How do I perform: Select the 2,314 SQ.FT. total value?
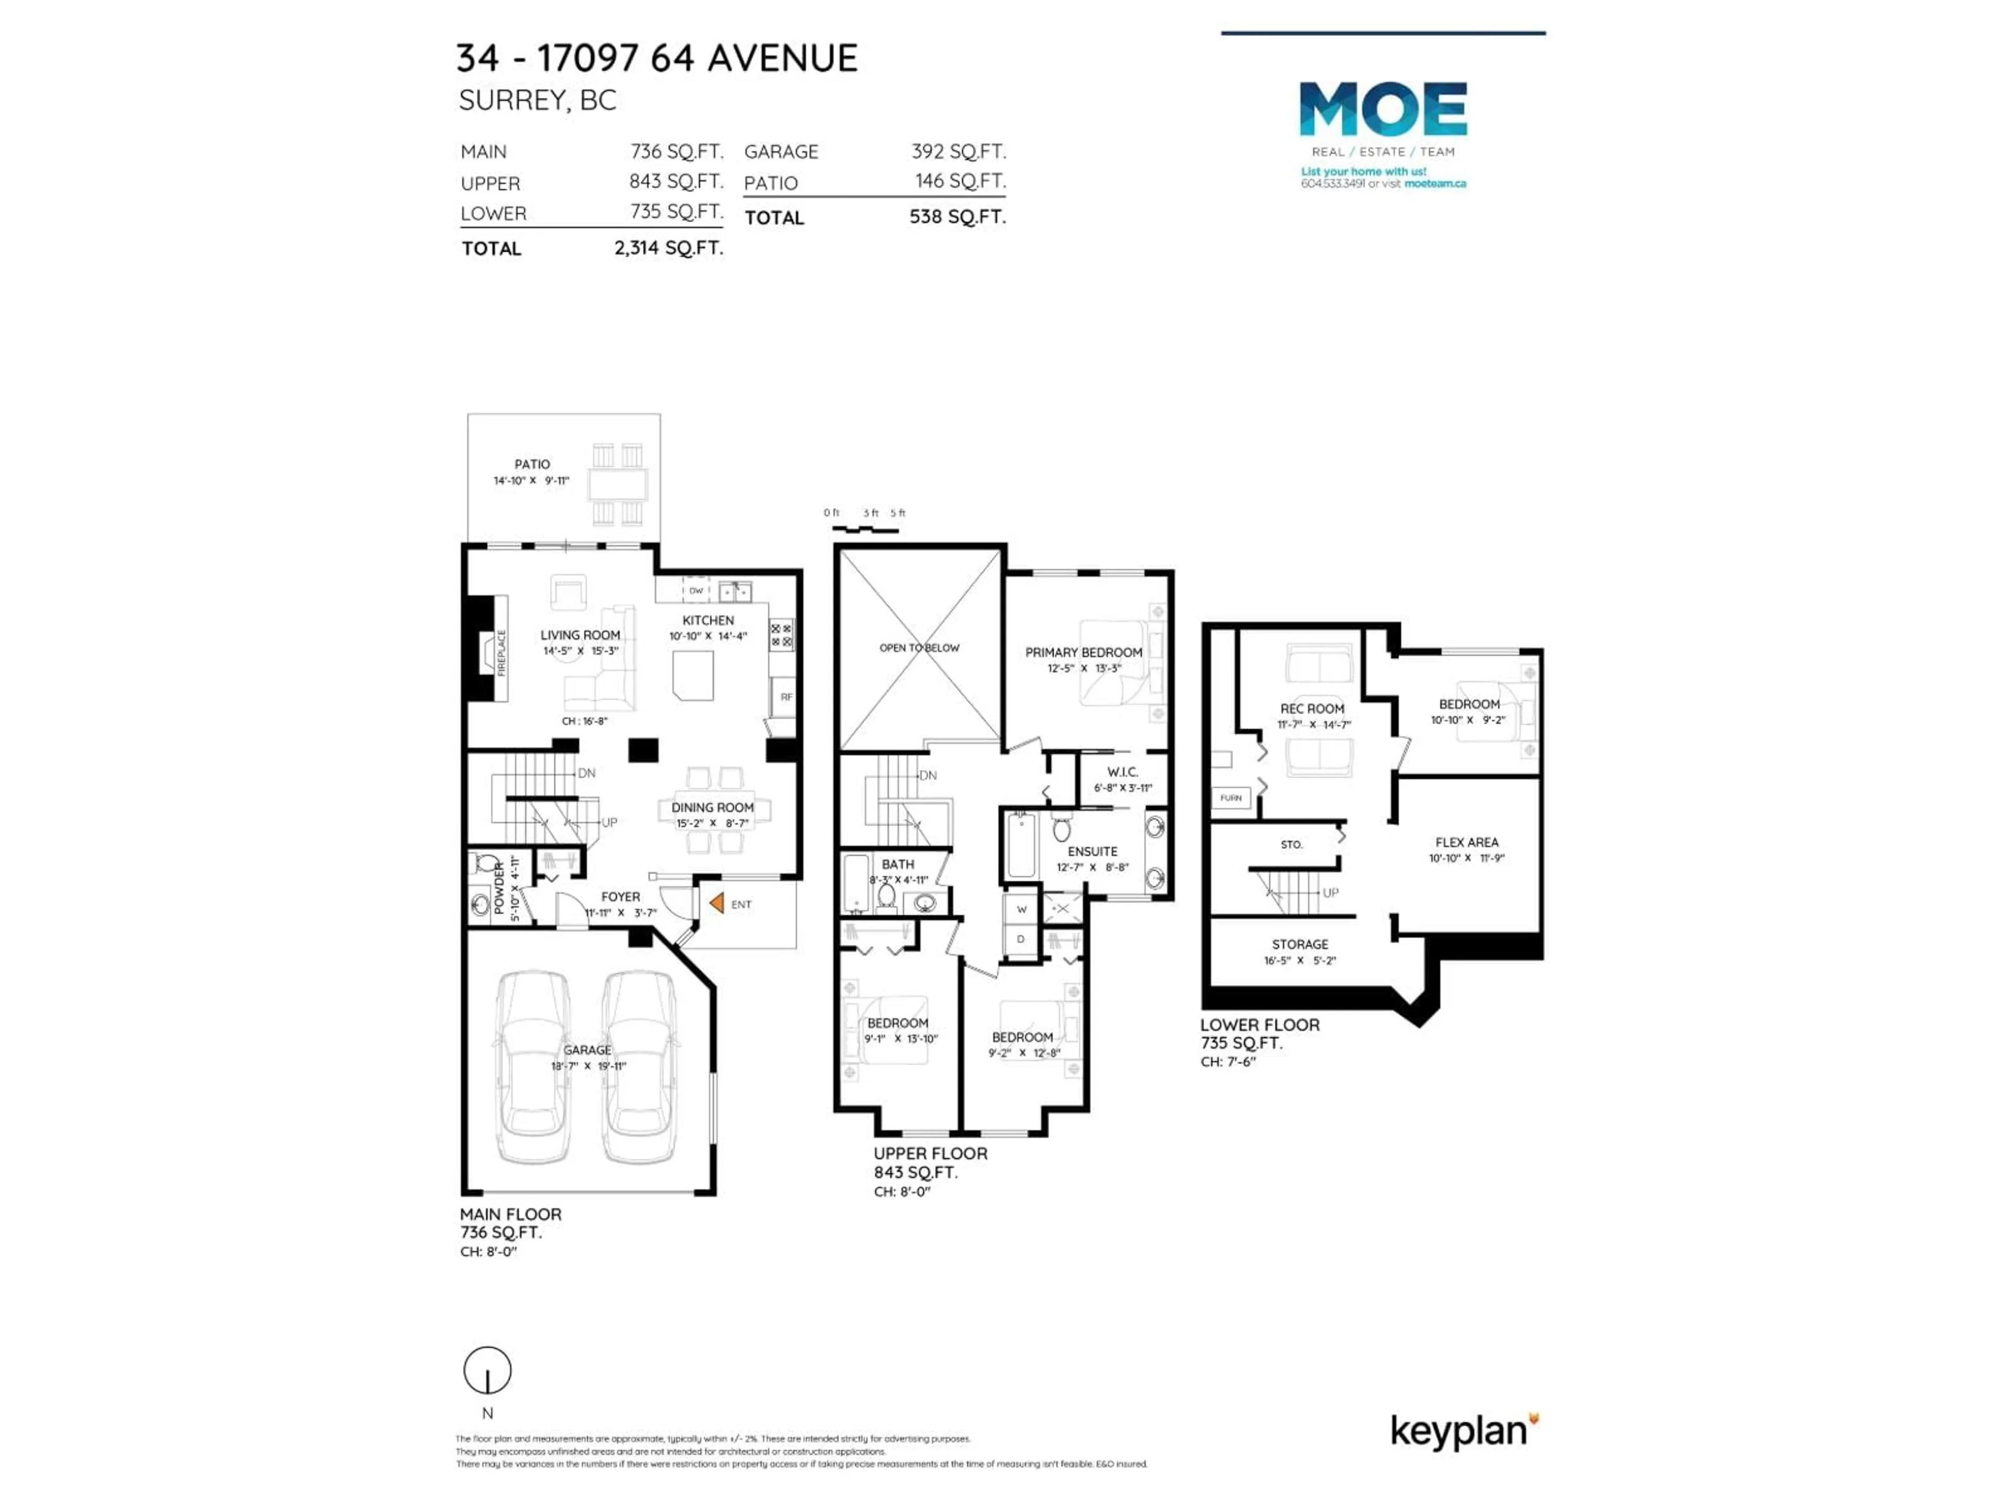coord(668,247)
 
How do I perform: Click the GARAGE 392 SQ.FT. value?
coord(958,151)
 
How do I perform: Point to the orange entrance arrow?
coord(716,903)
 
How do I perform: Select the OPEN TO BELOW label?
coord(919,648)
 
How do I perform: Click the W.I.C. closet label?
coord(1122,772)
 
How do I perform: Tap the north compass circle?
coord(487,1370)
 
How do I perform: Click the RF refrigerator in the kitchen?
coord(786,697)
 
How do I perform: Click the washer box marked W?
coord(1022,909)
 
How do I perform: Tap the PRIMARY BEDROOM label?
coord(1084,653)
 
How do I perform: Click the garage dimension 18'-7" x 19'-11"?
coord(588,1066)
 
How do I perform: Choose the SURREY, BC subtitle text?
coord(537,100)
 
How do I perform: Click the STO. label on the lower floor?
coord(1291,845)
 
